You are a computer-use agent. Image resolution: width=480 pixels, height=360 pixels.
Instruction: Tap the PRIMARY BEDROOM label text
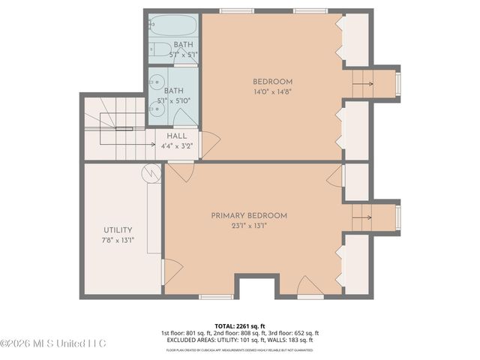point(249,215)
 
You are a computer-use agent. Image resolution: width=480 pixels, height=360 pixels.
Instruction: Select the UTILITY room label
point(118,229)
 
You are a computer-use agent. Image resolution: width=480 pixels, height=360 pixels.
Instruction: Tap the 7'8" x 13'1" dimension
point(118,241)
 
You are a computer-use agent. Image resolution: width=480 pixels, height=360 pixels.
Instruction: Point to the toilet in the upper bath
point(159,50)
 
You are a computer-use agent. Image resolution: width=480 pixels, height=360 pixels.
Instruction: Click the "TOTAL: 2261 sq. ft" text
point(240,325)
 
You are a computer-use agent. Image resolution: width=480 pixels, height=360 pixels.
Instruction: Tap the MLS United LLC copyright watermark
point(53,343)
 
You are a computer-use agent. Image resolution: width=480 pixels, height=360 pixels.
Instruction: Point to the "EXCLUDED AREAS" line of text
point(240,340)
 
